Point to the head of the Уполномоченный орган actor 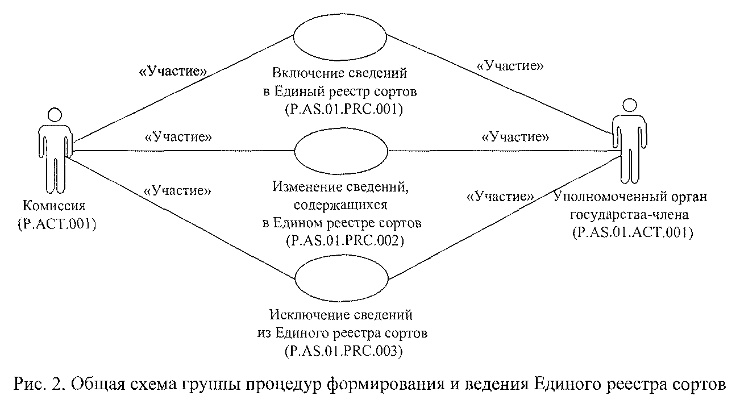click(627, 106)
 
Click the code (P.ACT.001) click(56, 223)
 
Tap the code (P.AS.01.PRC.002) click(345, 241)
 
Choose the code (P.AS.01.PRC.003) click(345, 351)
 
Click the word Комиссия click(55, 205)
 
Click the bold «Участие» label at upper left click(173, 72)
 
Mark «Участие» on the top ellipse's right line click(510, 66)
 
